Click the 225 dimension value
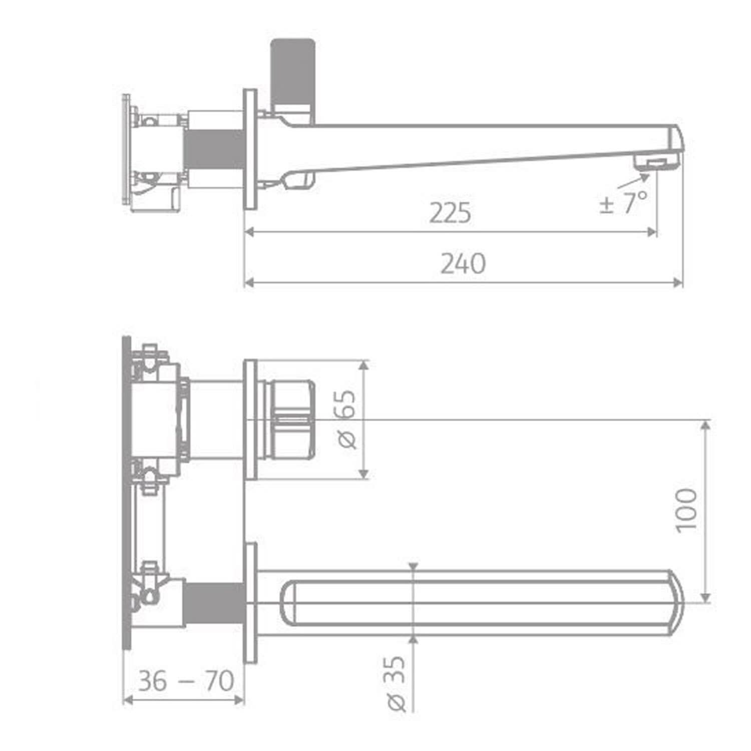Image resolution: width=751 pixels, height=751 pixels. (450, 213)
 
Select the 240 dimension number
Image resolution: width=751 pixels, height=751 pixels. (463, 264)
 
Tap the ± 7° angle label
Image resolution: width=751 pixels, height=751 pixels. (623, 203)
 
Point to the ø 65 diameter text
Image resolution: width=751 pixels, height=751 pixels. (346, 419)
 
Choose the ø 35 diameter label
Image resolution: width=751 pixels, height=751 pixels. (396, 683)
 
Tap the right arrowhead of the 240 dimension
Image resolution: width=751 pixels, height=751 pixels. (678, 283)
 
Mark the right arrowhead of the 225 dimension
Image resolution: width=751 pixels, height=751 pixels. (651, 232)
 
